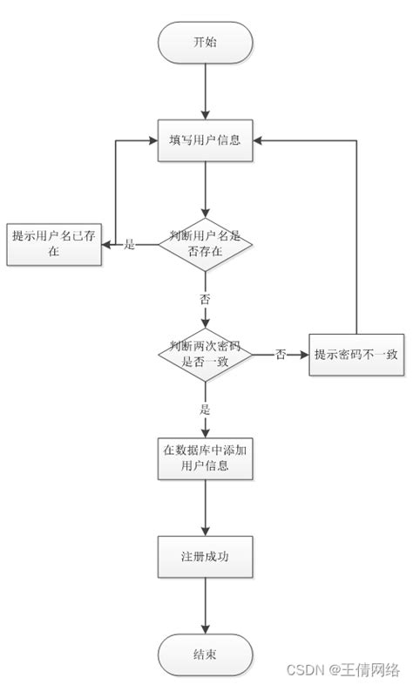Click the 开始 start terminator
coord(205,41)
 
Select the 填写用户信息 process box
coord(205,139)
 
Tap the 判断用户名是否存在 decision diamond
coord(205,244)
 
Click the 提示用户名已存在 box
coord(54,242)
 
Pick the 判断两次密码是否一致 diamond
coord(205,354)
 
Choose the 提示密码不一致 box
coord(357,354)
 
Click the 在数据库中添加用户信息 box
coord(205,458)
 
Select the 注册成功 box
coord(205,554)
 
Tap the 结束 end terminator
coord(205,654)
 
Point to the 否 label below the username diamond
coord(205,299)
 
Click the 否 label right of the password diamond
coord(281,355)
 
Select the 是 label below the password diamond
coord(205,408)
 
